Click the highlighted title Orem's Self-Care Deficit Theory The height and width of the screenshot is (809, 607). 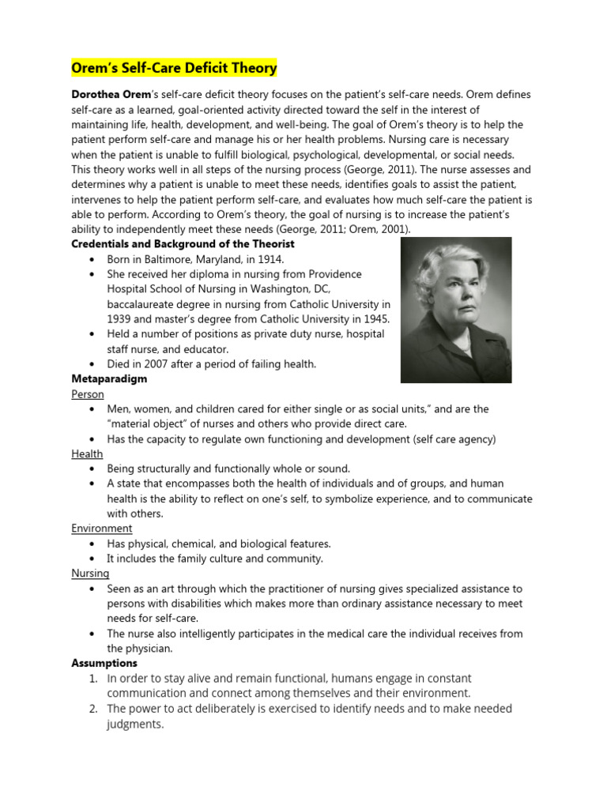[x=175, y=68]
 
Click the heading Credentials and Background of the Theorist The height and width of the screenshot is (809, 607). [x=183, y=244]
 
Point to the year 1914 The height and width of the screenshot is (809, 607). [x=269, y=259]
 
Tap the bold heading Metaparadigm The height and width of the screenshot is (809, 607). [x=109, y=379]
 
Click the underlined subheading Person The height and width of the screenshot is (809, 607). [x=87, y=394]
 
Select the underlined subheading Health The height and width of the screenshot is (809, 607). [x=87, y=453]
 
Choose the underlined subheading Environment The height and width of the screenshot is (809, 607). [x=102, y=529]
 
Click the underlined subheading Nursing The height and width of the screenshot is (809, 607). [x=90, y=574]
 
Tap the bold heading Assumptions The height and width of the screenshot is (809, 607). [x=104, y=664]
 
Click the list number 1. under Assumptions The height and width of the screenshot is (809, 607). [x=93, y=679]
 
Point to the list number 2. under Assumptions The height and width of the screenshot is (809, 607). [x=93, y=709]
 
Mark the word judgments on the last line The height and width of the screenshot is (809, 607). [x=134, y=724]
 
